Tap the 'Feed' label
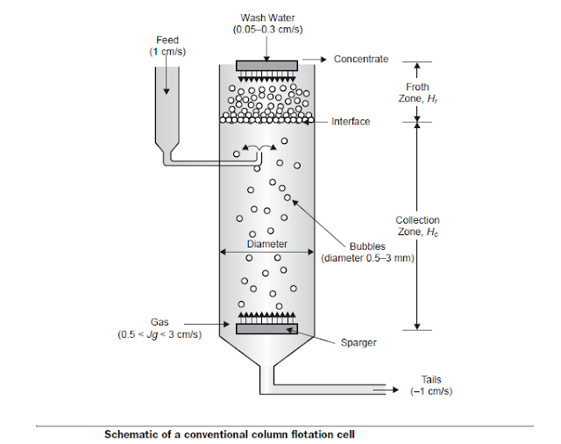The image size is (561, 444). pos(167,40)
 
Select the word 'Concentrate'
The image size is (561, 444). pos(361,59)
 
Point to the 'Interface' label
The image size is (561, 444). pos(351,121)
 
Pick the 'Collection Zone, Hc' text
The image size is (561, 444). pos(417,226)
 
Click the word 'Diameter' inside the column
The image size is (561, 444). pos(266,244)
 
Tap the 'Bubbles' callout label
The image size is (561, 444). pos(367,247)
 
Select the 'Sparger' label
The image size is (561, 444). pos(359,342)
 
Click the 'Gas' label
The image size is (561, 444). pos(160,322)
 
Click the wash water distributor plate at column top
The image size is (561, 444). pos(266,64)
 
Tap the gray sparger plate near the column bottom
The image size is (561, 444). pos(266,329)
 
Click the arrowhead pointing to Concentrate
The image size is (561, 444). pos(323,59)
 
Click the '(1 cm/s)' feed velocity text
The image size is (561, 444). pos(167,52)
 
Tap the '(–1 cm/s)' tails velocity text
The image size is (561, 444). pos(432,391)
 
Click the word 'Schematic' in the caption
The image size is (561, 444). pos(131,433)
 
